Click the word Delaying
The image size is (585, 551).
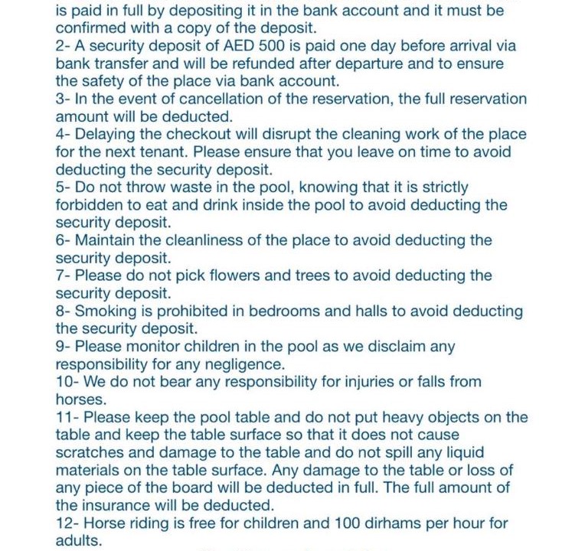(106, 135)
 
